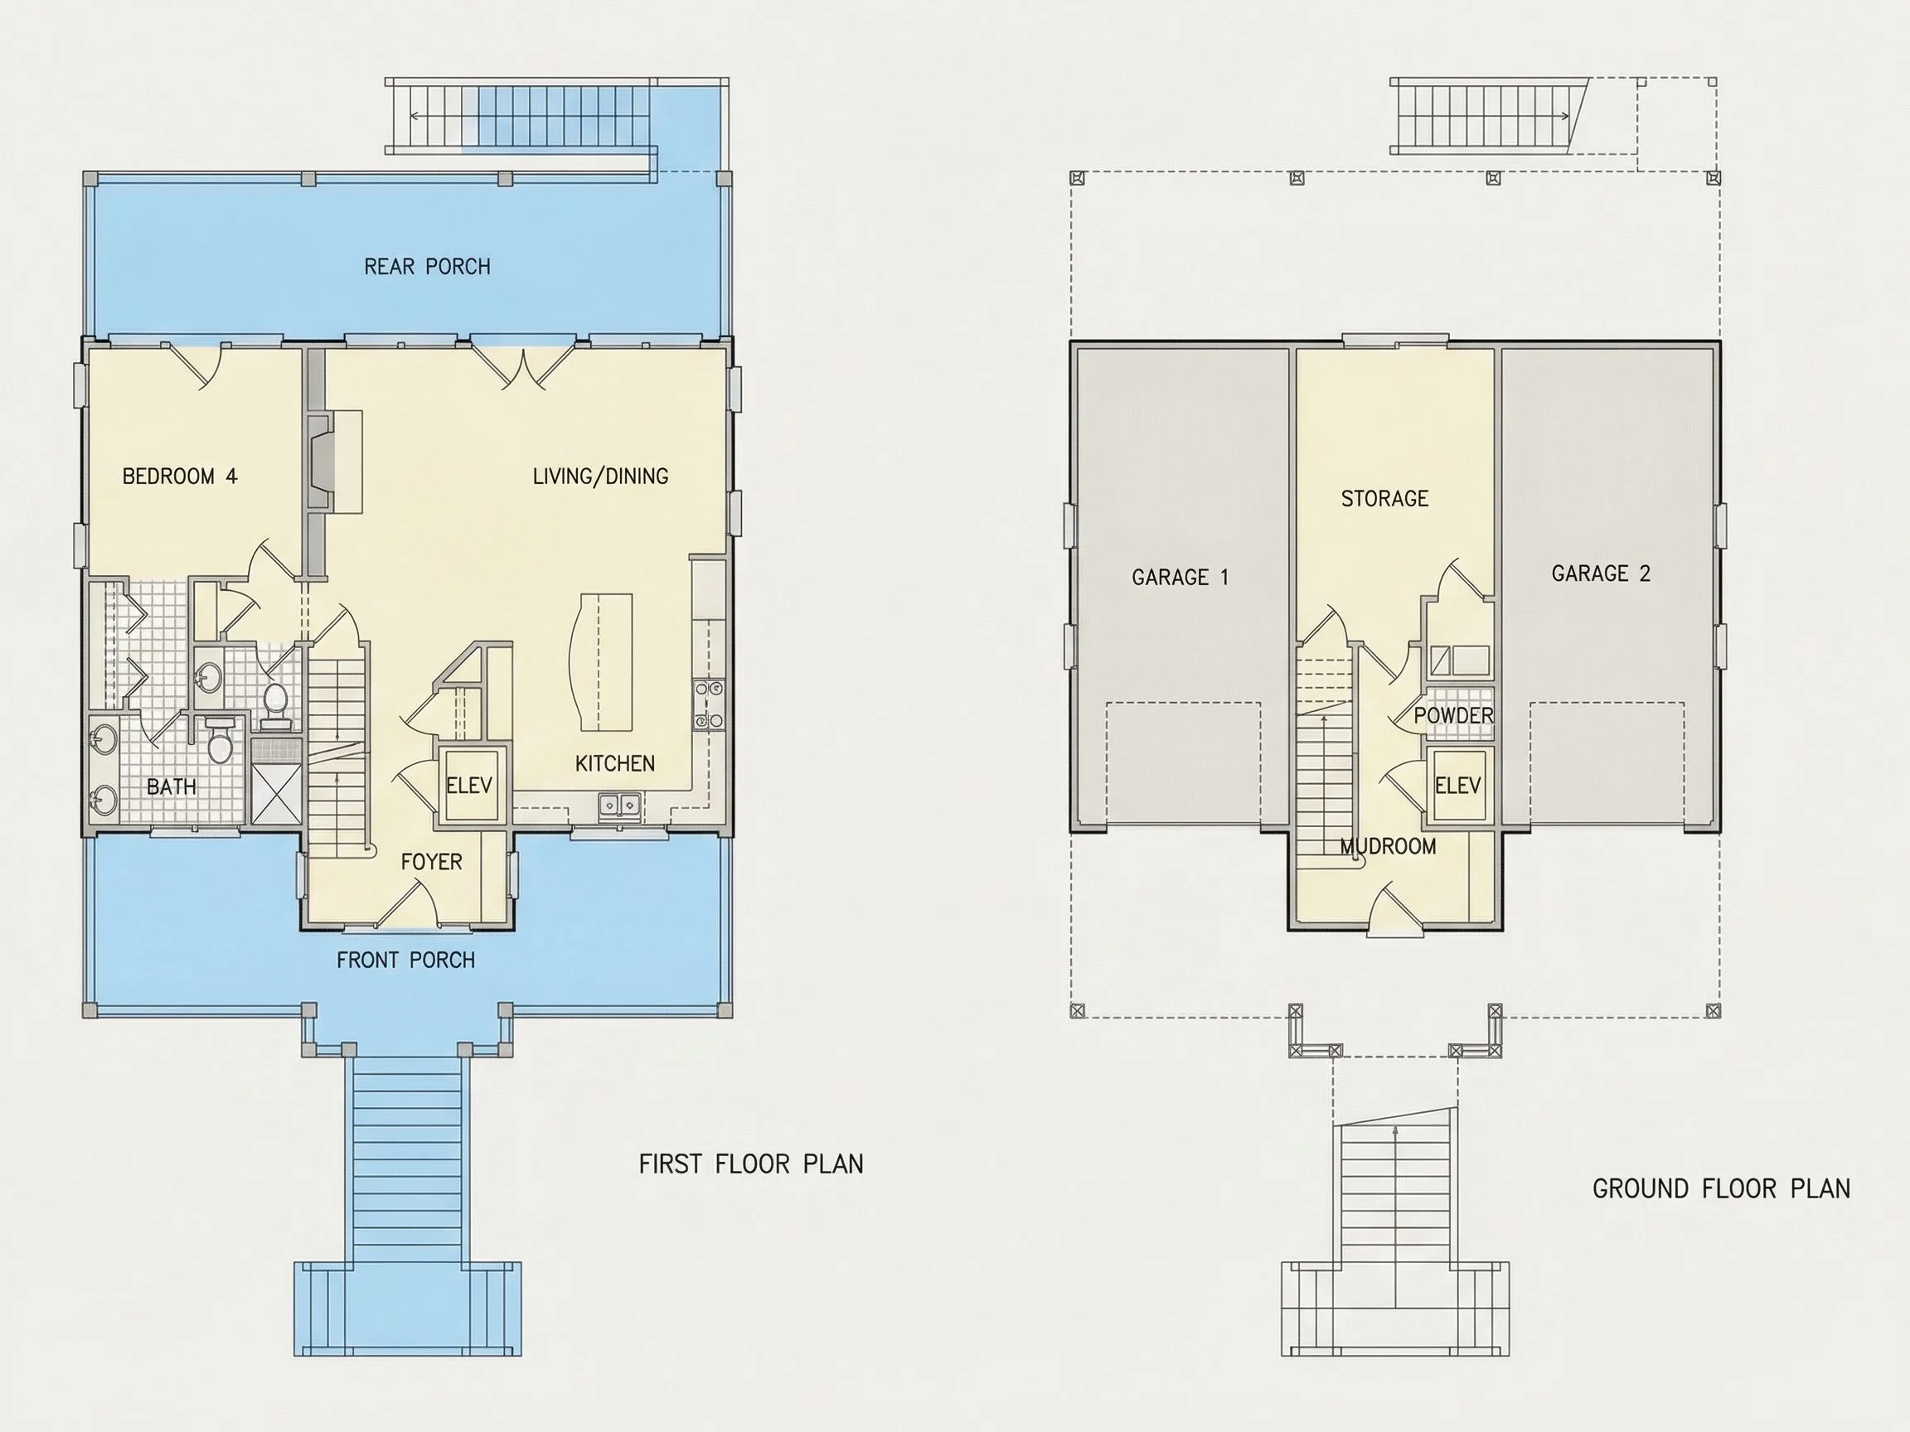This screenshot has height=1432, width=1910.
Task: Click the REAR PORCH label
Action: [428, 267]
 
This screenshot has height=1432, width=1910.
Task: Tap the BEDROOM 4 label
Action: [180, 477]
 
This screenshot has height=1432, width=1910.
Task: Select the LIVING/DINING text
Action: [600, 477]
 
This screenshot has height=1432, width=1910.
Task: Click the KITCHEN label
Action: [615, 764]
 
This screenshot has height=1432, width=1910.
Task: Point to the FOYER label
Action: [432, 863]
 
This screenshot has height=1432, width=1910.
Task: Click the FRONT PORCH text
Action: [406, 960]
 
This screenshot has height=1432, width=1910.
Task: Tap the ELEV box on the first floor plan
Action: [469, 785]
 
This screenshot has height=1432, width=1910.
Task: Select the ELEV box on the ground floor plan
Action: [1457, 786]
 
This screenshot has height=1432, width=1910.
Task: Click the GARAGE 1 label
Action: [1180, 578]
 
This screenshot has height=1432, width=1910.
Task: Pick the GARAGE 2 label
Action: [1601, 574]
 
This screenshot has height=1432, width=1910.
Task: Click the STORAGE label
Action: [1385, 499]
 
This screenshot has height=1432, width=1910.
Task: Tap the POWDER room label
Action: [1454, 715]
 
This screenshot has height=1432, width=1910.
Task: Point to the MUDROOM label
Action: [1389, 847]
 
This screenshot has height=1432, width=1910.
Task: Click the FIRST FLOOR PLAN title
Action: [751, 1164]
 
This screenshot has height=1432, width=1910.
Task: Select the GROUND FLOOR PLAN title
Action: [1722, 1189]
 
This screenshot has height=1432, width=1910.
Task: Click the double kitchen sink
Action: [620, 805]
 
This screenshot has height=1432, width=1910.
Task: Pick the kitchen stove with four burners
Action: [709, 704]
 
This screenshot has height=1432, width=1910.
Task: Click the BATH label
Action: [171, 787]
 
